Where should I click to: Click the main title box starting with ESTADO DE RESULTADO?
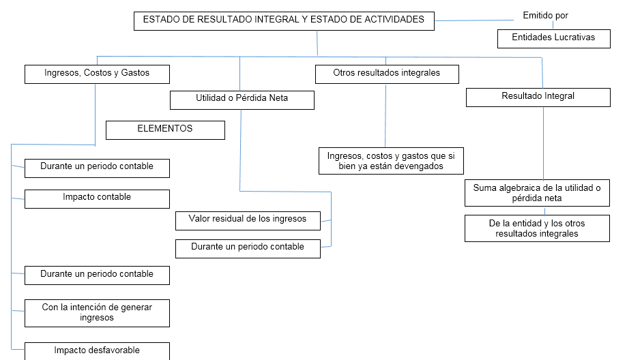pyautogui.click(x=284, y=21)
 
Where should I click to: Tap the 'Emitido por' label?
pyautogui.click(x=545, y=15)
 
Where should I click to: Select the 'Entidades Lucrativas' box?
pyautogui.click(x=553, y=38)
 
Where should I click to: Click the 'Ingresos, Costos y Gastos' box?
pyautogui.click(x=97, y=74)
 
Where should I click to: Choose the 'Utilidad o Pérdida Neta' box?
pyautogui.click(x=242, y=100)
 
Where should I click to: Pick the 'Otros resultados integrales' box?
pyautogui.click(x=387, y=73)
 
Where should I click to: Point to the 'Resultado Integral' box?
pyautogui.click(x=538, y=97)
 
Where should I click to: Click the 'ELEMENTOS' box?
pyautogui.click(x=165, y=130)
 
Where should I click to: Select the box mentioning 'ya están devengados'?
pyautogui.click(x=391, y=161)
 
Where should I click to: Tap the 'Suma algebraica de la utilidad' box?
pyautogui.click(x=537, y=193)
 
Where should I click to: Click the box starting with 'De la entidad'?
pyautogui.click(x=537, y=228)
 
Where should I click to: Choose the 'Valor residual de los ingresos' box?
pyautogui.click(x=248, y=220)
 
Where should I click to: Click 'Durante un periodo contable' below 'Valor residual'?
pyautogui.click(x=248, y=248)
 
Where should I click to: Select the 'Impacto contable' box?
pyautogui.click(x=97, y=198)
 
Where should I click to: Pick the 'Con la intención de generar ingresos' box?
pyautogui.click(x=97, y=313)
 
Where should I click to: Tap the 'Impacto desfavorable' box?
pyautogui.click(x=97, y=351)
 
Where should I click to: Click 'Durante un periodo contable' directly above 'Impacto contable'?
pyautogui.click(x=97, y=168)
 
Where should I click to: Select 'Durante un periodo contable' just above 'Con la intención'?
pyautogui.click(x=97, y=275)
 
